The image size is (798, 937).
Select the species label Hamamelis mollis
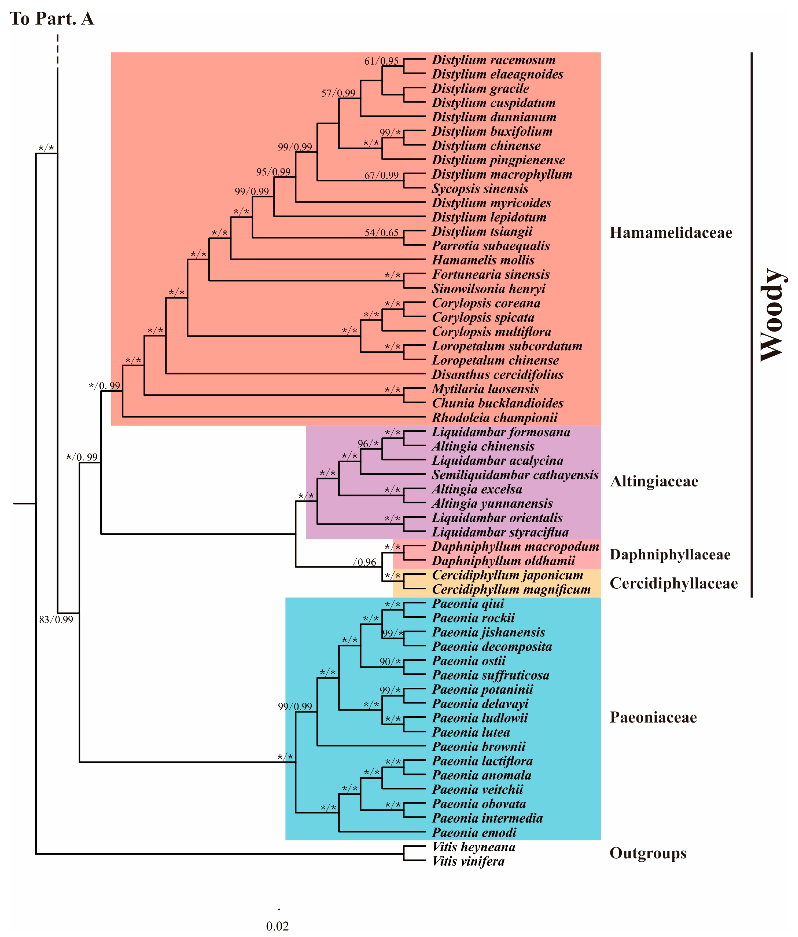click(x=483, y=260)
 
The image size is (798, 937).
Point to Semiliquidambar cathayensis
click(x=515, y=475)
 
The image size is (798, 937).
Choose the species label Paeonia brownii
click(x=478, y=747)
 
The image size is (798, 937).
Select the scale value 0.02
click(x=277, y=926)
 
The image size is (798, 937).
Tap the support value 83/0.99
click(x=56, y=619)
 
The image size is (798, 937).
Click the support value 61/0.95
click(x=381, y=61)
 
